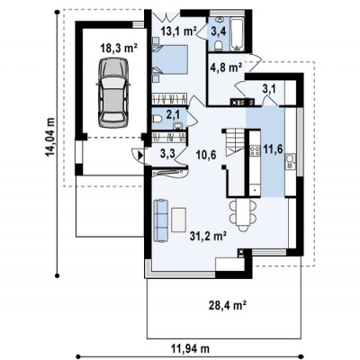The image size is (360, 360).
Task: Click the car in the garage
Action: pyautogui.click(x=113, y=94)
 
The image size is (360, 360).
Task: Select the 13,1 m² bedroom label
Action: pyautogui.click(x=178, y=31)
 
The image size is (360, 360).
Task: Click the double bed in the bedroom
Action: pyautogui.click(x=170, y=59)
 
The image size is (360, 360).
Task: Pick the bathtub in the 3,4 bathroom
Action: pyautogui.click(x=238, y=33)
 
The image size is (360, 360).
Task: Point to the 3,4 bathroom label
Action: pyautogui.click(x=219, y=31)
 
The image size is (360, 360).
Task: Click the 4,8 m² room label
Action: pyautogui.click(x=226, y=67)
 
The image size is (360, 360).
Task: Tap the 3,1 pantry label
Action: pyautogui.click(x=269, y=89)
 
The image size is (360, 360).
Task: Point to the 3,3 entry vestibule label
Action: pyautogui.click(x=167, y=155)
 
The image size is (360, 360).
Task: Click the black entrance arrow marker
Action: pyautogui.click(x=140, y=156)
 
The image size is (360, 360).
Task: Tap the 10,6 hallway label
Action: pyautogui.click(x=205, y=155)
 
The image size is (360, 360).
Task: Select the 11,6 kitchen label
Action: pyautogui.click(x=273, y=148)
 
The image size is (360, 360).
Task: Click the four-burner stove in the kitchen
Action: pyautogui.click(x=255, y=150)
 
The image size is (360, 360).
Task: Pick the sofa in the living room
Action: pyautogui.click(x=160, y=220)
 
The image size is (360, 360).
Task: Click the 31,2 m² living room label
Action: pyautogui.click(x=208, y=236)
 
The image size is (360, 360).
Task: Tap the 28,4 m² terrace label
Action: pyautogui.click(x=228, y=306)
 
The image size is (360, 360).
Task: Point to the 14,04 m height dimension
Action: pyautogui.click(x=50, y=137)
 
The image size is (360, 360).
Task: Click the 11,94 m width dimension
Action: pyautogui.click(x=191, y=348)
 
